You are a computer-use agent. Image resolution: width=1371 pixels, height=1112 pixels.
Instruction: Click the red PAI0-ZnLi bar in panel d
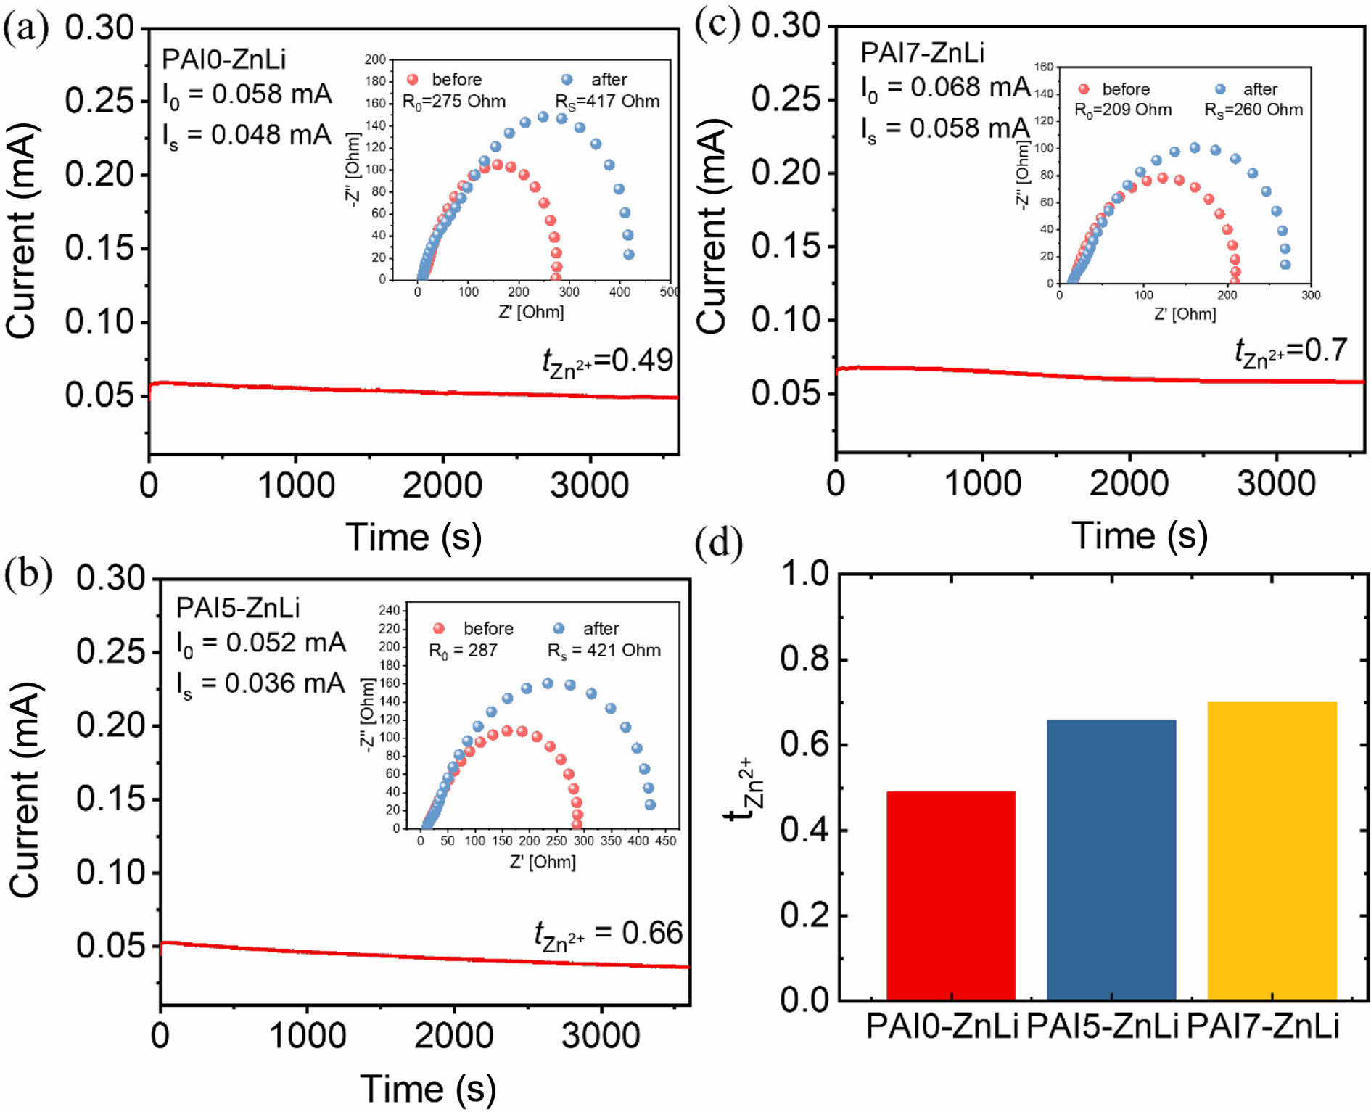(x=950, y=896)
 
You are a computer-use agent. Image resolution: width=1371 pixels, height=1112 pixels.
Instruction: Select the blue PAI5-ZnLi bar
(x=1111, y=860)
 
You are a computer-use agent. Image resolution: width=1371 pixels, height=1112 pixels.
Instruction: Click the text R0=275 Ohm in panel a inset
(x=454, y=102)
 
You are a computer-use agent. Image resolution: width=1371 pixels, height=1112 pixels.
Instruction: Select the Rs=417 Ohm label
(x=607, y=102)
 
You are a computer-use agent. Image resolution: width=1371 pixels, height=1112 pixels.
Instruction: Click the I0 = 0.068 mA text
(x=944, y=88)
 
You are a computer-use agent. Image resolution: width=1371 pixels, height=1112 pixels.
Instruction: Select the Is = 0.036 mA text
(x=260, y=683)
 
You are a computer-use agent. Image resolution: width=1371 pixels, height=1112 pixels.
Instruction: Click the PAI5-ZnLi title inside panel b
(x=238, y=608)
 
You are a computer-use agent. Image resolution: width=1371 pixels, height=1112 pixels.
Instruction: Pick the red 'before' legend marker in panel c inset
(x=1084, y=89)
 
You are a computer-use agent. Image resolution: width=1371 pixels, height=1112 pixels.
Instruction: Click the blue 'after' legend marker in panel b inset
(x=559, y=628)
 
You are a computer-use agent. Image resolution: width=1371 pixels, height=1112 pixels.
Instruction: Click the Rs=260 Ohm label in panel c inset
(x=1253, y=110)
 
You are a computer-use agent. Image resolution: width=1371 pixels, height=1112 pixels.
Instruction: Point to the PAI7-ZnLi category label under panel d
(x=1263, y=1027)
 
